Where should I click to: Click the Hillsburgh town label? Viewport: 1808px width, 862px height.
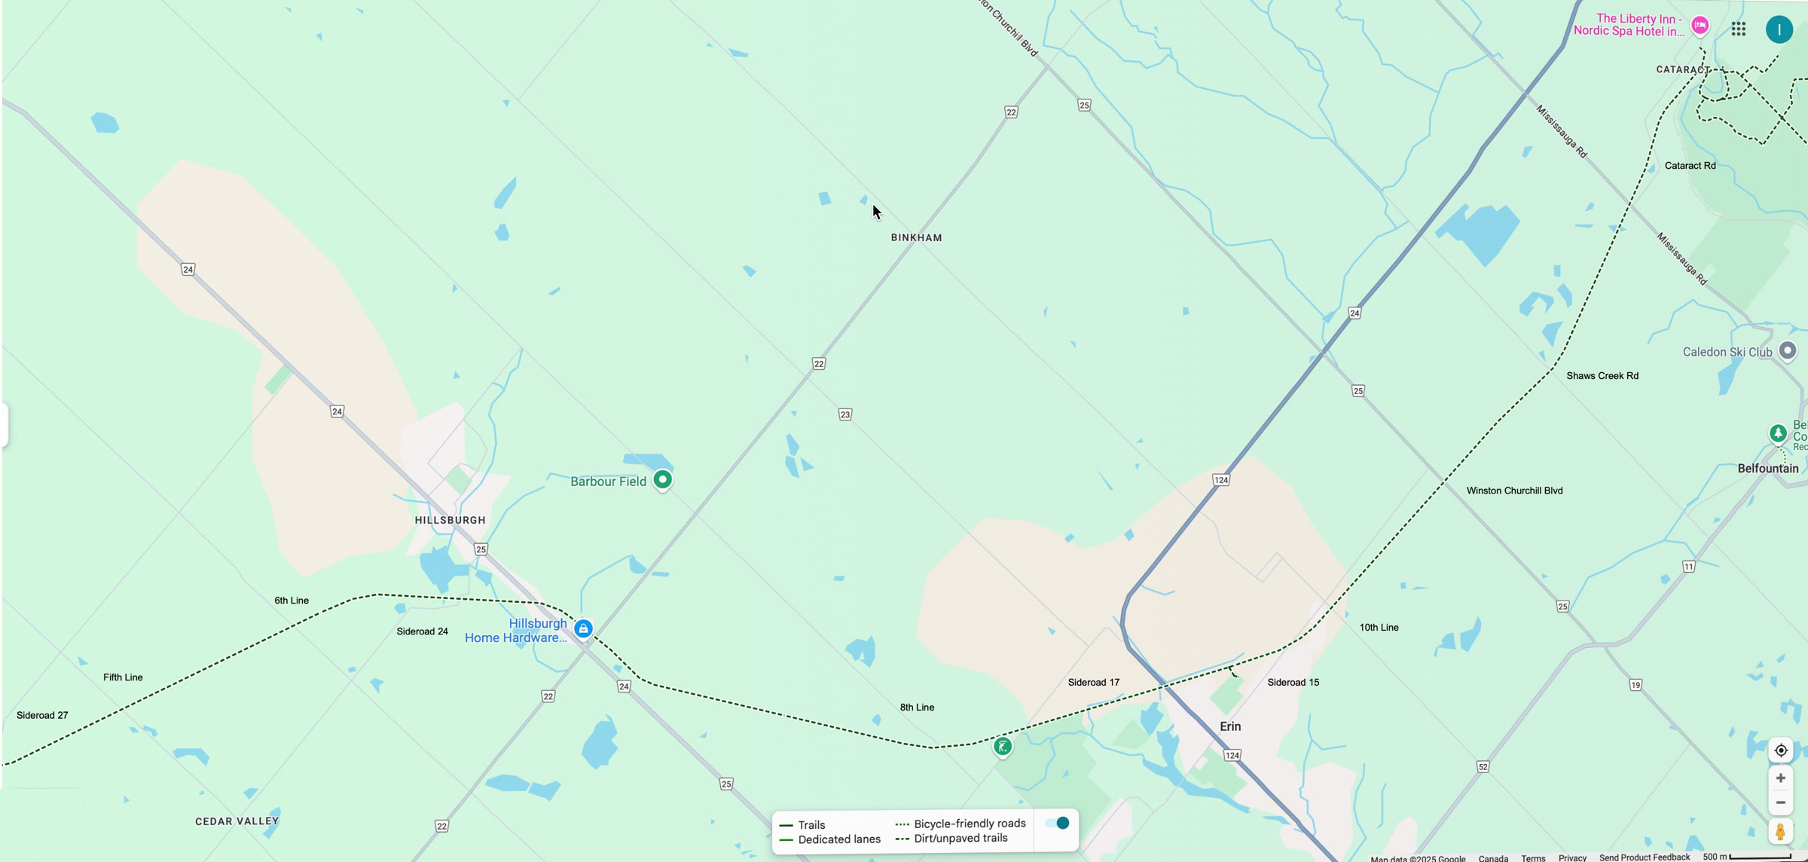[450, 520]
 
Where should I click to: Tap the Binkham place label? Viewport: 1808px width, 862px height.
[916, 237]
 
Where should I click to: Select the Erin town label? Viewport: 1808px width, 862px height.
[1229, 726]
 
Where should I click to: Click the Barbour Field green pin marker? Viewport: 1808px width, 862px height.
[662, 479]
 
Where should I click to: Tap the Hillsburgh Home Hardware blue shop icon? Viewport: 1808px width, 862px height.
[583, 628]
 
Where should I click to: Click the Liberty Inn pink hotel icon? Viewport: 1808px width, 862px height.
[1700, 25]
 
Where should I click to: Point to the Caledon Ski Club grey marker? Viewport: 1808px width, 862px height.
[1787, 350]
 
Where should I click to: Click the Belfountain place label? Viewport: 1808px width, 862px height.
[1767, 469]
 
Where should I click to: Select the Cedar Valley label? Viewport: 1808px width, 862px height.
[237, 821]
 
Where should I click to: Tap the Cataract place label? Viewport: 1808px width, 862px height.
[1682, 69]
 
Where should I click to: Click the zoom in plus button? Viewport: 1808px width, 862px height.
[1780, 778]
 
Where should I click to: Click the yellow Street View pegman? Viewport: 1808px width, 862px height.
[1780, 831]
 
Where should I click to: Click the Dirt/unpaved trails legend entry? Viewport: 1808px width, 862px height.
[960, 838]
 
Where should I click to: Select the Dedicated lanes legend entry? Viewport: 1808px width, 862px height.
[838, 839]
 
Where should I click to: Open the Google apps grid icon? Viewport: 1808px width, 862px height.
[1738, 29]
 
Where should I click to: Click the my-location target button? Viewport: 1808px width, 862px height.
[1780, 750]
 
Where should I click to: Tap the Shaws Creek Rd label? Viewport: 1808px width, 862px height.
[1602, 376]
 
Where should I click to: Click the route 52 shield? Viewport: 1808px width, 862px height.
[1483, 767]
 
